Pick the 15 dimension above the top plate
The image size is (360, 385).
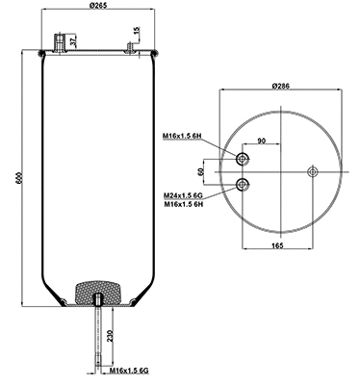click(x=138, y=34)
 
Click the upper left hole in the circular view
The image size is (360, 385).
click(x=243, y=159)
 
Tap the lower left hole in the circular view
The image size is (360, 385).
click(x=243, y=184)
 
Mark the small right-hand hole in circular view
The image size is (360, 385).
click(x=311, y=171)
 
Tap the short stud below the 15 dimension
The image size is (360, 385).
click(x=128, y=46)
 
